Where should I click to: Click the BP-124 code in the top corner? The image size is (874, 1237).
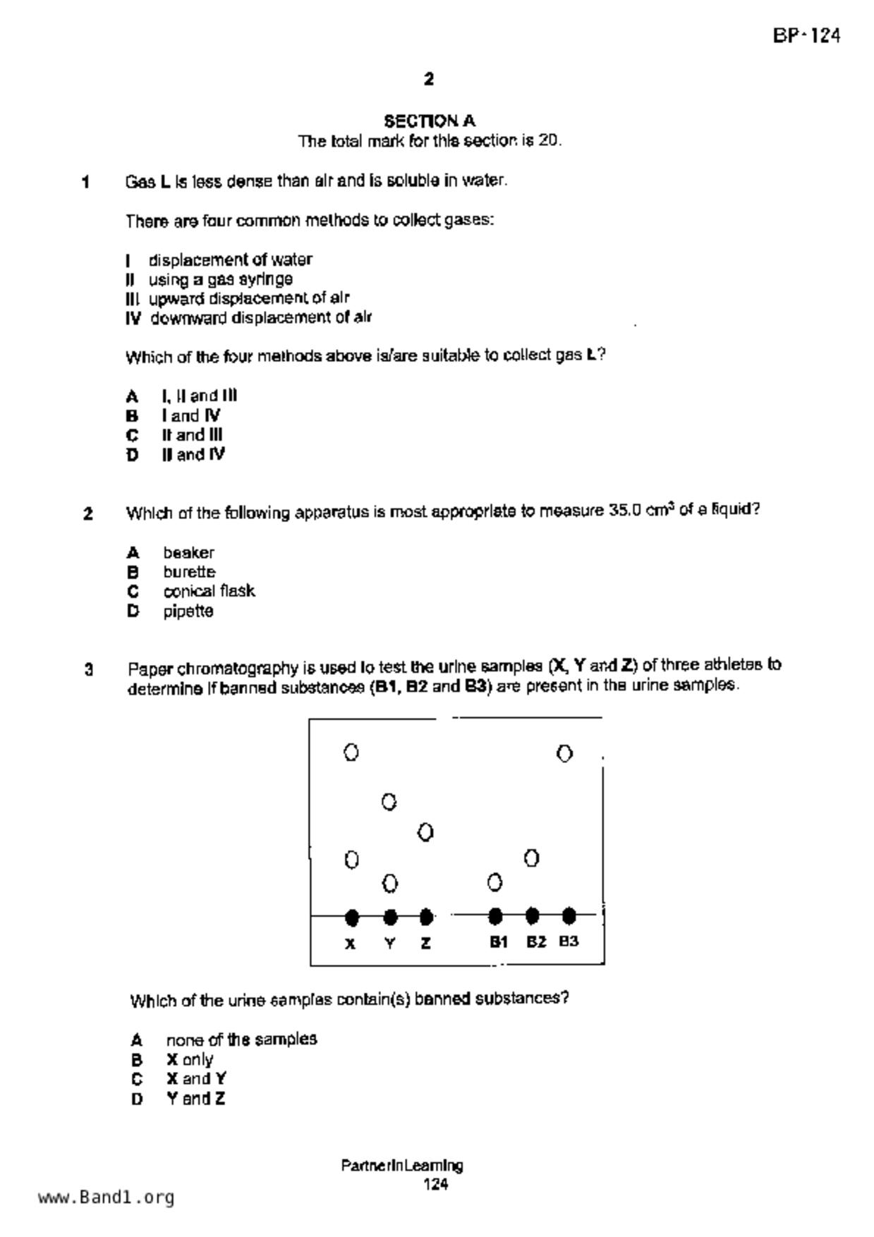(806, 36)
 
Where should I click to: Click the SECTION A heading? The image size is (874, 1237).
(430, 121)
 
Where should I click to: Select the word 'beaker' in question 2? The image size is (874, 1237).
(188, 552)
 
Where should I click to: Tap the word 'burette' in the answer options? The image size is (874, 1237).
(189, 572)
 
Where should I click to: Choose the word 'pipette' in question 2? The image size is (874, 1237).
(188, 611)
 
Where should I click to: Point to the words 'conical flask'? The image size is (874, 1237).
(209, 591)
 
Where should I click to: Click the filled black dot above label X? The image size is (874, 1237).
(352, 917)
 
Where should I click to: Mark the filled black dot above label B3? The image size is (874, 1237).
(569, 916)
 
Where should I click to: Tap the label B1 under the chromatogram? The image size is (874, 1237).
(499, 942)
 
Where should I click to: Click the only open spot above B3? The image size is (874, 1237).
(564, 754)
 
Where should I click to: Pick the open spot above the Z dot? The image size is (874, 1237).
(425, 833)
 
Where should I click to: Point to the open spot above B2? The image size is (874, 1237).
(532, 858)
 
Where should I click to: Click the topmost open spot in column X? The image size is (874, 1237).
(351, 752)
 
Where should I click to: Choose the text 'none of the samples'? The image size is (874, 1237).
(241, 1040)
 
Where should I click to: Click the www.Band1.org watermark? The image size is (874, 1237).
(106, 1198)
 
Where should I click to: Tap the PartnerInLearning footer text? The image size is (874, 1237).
(402, 1165)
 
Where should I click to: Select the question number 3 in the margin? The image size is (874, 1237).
(89, 669)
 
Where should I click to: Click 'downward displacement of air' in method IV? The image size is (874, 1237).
(261, 318)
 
